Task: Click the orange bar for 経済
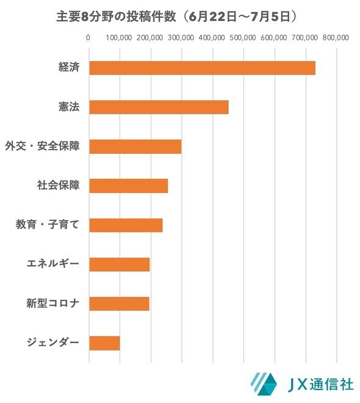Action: (x=203, y=68)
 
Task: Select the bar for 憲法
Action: (x=159, y=107)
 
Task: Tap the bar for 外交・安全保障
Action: (x=135, y=147)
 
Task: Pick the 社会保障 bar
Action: (x=129, y=186)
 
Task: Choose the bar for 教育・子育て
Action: (x=126, y=225)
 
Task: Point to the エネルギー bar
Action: (x=120, y=264)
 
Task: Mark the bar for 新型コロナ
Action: (x=120, y=304)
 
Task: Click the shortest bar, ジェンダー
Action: (x=104, y=343)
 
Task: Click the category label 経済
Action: (x=69, y=67)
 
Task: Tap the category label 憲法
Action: (x=69, y=106)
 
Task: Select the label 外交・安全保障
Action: (x=42, y=146)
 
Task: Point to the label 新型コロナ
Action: (x=52, y=303)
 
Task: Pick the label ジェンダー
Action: (x=52, y=343)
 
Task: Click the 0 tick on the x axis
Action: (x=88, y=38)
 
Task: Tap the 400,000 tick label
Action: (x=212, y=38)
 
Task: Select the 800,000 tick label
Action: (x=336, y=38)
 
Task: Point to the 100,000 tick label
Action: (x=119, y=38)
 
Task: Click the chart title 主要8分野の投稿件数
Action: (x=117, y=16)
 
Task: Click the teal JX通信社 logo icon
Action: (x=264, y=384)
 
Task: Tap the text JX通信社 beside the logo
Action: (x=320, y=385)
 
